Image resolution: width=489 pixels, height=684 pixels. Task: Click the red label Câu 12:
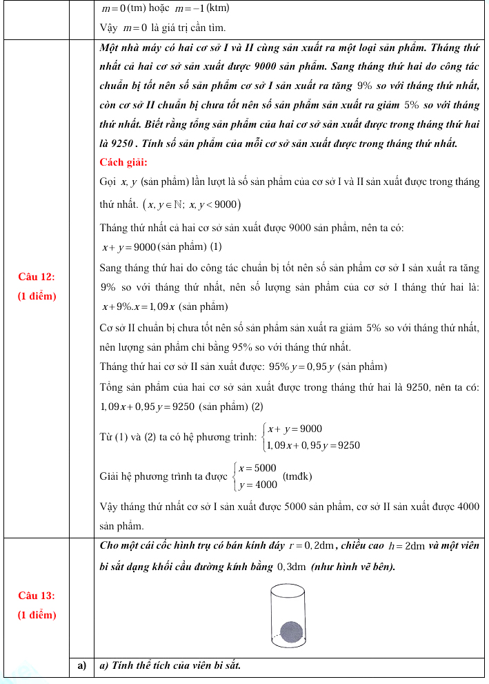point(37,277)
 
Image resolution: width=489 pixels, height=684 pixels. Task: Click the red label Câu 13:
point(37,595)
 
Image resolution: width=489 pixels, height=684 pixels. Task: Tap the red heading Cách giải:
point(123,162)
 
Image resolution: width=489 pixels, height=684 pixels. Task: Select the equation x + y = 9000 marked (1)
point(128,247)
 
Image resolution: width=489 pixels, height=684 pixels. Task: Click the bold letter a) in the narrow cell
point(81,665)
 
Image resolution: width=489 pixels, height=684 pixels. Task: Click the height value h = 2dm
point(407,546)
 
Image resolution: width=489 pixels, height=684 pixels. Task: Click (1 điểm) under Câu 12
point(37,296)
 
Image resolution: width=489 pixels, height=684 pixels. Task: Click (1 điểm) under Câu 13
point(37,614)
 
